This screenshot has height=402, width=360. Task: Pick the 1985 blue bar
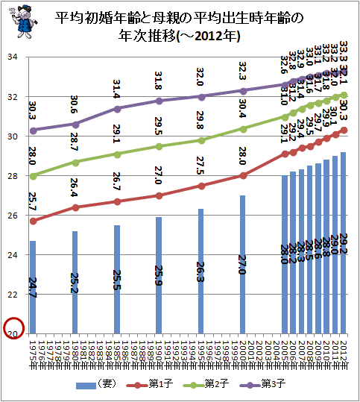(x=117, y=279)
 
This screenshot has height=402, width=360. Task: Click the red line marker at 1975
(x=33, y=221)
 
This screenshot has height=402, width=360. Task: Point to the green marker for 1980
(x=75, y=162)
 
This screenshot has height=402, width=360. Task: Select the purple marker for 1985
(x=117, y=108)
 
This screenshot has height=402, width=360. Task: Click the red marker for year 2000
(x=243, y=175)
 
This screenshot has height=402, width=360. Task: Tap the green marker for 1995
(x=200, y=140)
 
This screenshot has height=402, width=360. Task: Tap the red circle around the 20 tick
(x=14, y=328)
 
